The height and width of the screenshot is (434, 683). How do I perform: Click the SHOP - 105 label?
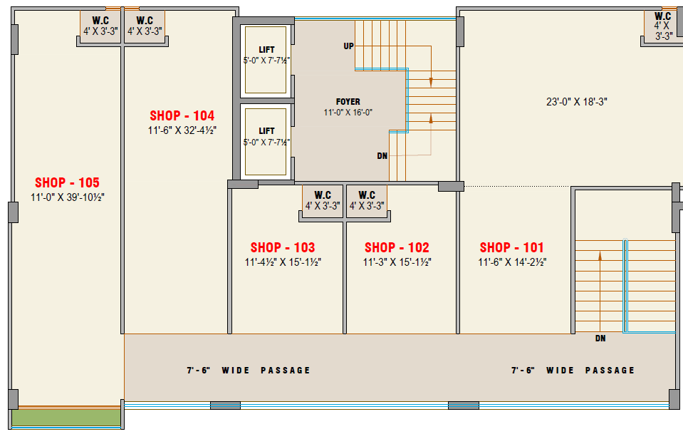[x=67, y=182]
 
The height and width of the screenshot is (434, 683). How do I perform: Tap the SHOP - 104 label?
[x=182, y=116]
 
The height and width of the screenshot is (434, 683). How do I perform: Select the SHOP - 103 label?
[x=283, y=247]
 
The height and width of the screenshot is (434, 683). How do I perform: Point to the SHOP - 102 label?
[x=397, y=247]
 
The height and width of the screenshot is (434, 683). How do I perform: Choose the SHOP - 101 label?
[x=512, y=247]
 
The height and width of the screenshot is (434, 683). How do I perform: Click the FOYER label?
[x=348, y=101]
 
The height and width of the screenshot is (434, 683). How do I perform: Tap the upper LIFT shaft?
[x=266, y=60]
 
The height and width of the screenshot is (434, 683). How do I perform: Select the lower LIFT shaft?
[x=266, y=142]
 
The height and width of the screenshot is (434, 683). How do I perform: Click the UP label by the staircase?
[x=348, y=46]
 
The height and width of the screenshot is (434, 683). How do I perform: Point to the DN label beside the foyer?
[x=382, y=156]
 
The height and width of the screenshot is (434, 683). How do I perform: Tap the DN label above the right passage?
[x=600, y=338]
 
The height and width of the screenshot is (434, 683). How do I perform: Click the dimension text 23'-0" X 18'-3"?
[x=577, y=102]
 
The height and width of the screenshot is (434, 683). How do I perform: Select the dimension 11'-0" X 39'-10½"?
[x=68, y=197]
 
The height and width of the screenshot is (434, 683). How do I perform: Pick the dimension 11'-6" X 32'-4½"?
[x=182, y=130]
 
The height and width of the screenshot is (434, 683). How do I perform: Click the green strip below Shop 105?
[x=66, y=418]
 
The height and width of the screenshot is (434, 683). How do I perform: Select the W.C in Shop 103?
[x=323, y=201]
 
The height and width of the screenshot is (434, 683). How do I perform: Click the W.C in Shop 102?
[x=367, y=201]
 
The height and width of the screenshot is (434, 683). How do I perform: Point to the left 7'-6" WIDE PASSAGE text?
[x=249, y=371]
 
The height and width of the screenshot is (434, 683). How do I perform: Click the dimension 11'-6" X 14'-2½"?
[x=512, y=262]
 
